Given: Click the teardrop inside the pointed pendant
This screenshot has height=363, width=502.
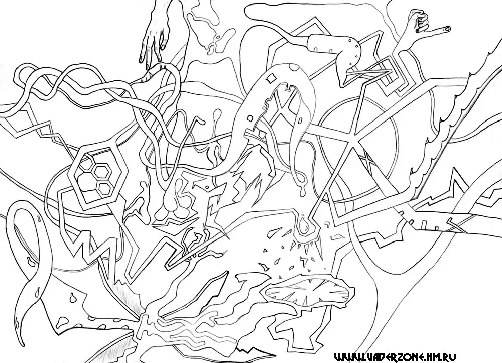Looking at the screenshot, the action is pyautogui.click(x=303, y=226).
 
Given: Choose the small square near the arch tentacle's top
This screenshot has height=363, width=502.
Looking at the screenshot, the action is pyautogui.click(x=271, y=77).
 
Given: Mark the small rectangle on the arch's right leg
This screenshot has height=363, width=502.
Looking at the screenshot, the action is pyautogui.click(x=301, y=120).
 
